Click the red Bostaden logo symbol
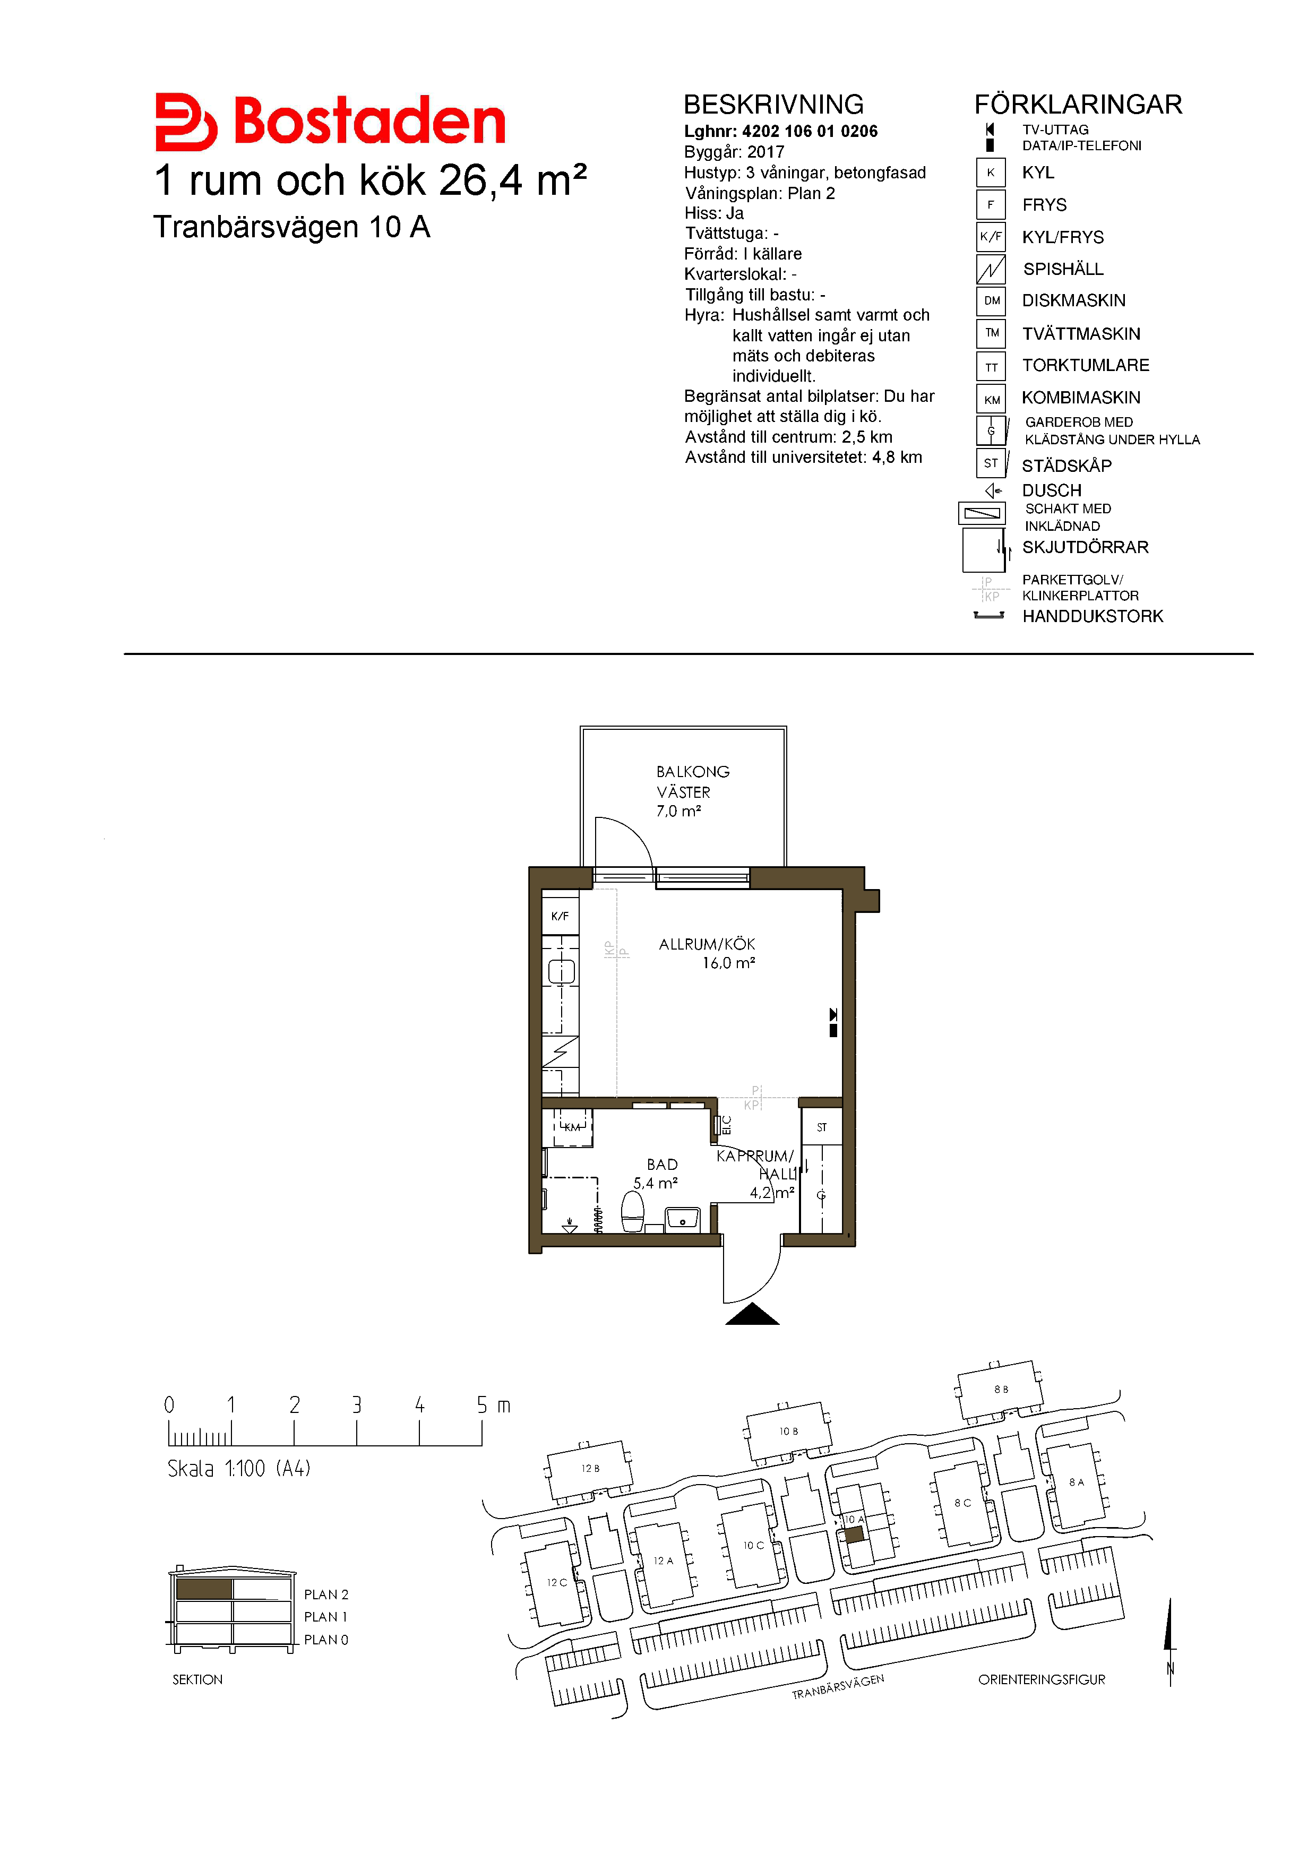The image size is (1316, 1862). (x=186, y=123)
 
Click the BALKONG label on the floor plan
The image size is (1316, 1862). (x=692, y=771)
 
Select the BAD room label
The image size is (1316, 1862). (x=661, y=1165)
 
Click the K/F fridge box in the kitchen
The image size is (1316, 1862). (x=560, y=916)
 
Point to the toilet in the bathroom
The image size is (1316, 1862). (x=632, y=1212)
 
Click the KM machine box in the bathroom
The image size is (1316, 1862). (x=572, y=1127)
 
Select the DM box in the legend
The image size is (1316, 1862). (x=991, y=301)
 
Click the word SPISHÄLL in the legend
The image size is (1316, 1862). (x=1063, y=269)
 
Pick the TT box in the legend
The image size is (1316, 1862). (x=991, y=367)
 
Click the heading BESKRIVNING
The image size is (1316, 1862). (x=773, y=105)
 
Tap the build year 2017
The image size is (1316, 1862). (x=765, y=152)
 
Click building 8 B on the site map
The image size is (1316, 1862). (x=1000, y=1390)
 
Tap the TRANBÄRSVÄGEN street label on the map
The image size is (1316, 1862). (x=838, y=1687)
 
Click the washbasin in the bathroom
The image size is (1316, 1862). (x=683, y=1219)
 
